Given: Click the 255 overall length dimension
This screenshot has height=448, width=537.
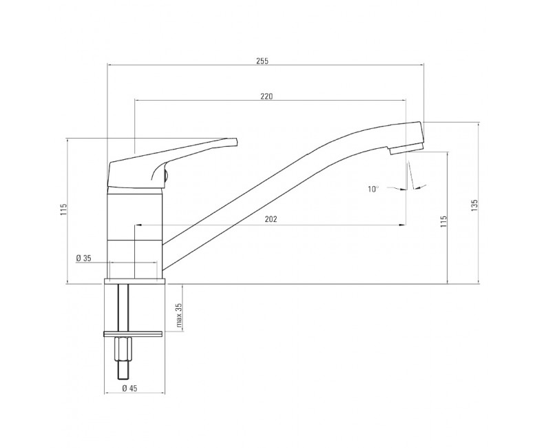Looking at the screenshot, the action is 262,61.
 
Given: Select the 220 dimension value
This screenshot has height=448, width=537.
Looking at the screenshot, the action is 266,96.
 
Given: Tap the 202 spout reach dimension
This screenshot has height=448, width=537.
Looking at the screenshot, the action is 271,219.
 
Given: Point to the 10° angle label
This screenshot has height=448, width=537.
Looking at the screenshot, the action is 373,189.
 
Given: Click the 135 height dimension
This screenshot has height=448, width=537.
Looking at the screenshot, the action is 474,205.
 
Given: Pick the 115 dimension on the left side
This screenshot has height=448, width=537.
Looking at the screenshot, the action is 63,210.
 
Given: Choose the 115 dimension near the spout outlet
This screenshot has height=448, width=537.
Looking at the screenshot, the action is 444,222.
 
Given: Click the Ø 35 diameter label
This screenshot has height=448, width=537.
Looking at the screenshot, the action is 84,258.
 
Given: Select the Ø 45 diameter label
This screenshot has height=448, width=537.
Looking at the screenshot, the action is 129,388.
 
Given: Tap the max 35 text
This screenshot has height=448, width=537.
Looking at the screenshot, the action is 179,315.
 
